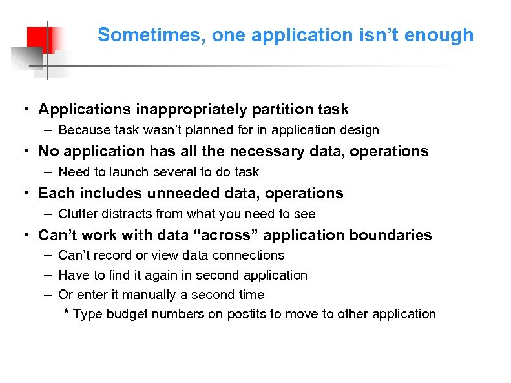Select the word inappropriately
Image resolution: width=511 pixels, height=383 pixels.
click(180, 110)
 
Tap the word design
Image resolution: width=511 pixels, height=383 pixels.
click(359, 130)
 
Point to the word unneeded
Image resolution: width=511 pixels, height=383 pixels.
click(185, 194)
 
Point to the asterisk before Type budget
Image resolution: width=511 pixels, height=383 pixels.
click(67, 314)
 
